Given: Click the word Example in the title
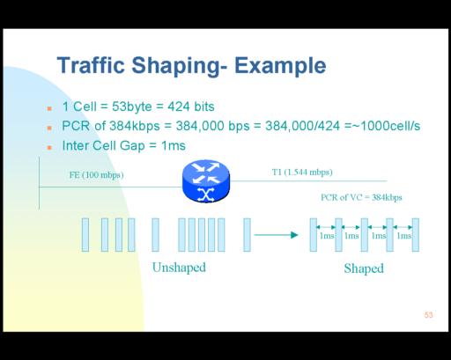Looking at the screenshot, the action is coord(280,66).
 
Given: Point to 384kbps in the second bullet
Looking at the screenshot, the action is coord(135,126).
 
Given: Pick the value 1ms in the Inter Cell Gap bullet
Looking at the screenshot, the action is coord(174,145).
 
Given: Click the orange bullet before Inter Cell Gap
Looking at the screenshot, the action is coord(49,147).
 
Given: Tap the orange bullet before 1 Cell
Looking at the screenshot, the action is coord(49,108).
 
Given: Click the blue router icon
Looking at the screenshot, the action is coord(206,181).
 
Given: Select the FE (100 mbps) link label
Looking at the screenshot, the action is coord(96,175).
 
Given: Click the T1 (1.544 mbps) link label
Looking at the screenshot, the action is coord(302,172).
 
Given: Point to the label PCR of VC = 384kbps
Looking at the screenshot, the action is coord(361,197).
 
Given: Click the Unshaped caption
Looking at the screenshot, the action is coord(179,268).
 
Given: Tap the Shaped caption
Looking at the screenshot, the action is coord(364,268).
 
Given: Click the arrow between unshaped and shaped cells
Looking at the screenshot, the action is coord(276,235).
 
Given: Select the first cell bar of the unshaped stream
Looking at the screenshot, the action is coord(85,235).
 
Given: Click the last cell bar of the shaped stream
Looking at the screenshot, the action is coord(416,235).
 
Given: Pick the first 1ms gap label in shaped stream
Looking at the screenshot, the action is coord(327,236).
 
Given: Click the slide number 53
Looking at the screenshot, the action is coord(428,315).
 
